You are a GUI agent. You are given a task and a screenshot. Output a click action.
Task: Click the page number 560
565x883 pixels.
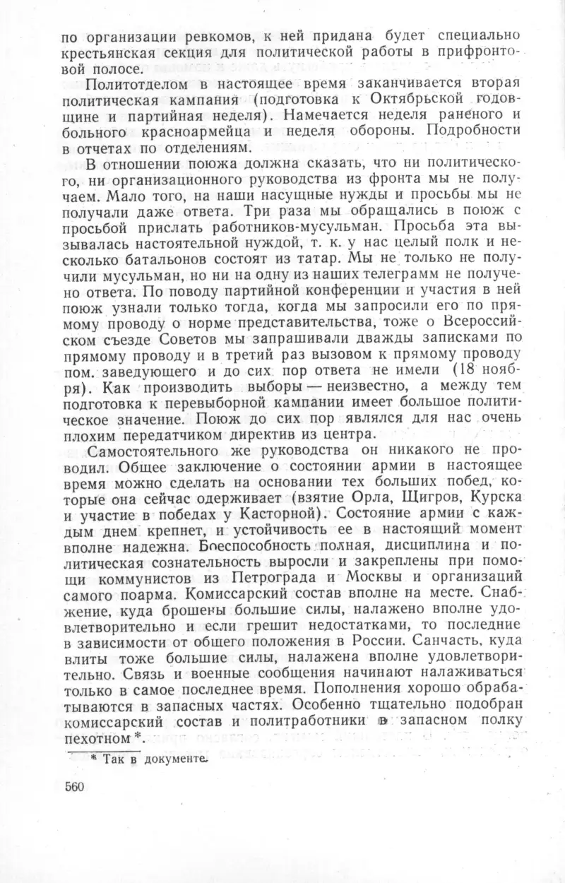pyautogui.click(x=74, y=788)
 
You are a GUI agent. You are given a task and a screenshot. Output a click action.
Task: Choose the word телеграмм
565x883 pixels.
pyautogui.click(x=401, y=292)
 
